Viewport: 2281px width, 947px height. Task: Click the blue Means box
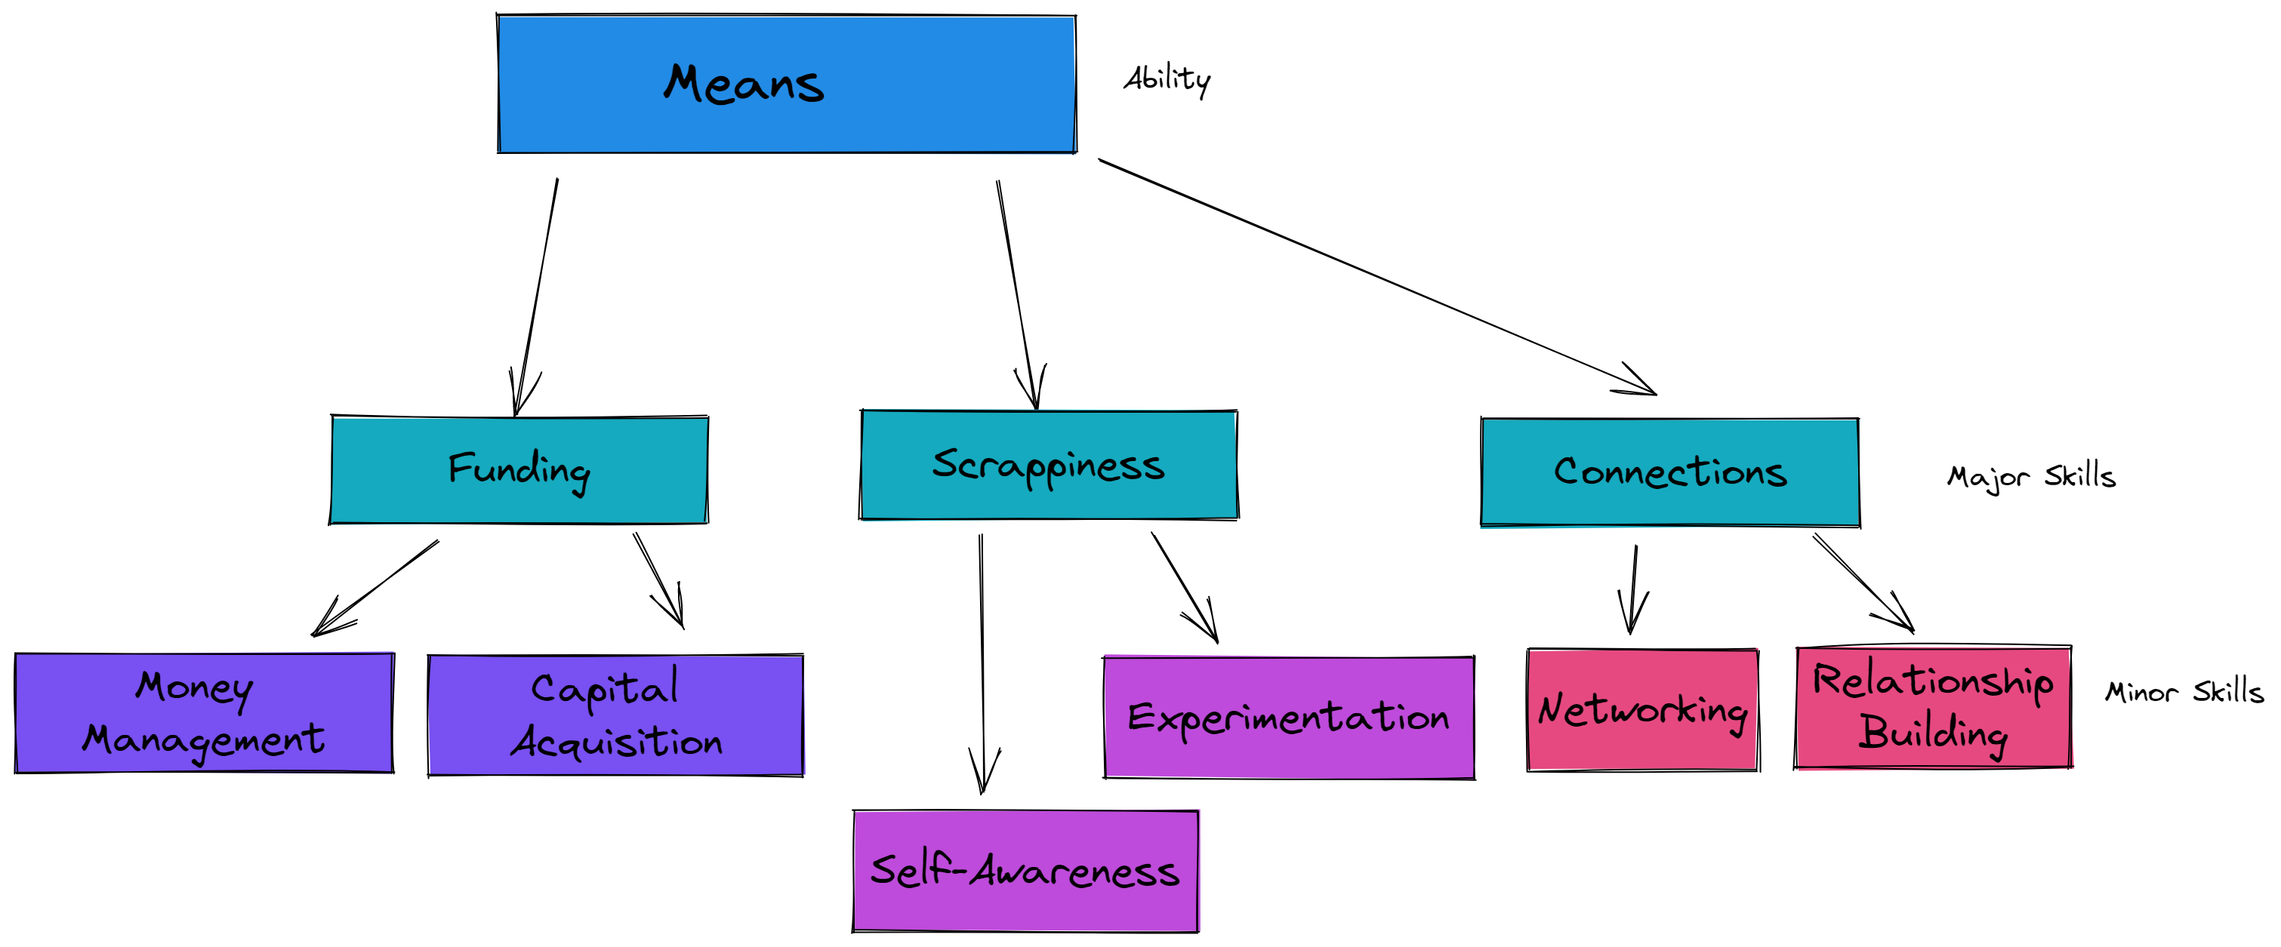(x=786, y=84)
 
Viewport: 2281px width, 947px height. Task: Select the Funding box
(x=519, y=470)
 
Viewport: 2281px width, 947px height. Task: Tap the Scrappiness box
(x=1049, y=465)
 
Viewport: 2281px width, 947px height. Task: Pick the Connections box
(x=1670, y=472)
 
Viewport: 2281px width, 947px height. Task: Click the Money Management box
(x=205, y=713)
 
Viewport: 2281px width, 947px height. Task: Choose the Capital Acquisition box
(x=615, y=716)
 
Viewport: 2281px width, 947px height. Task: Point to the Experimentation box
(x=1288, y=718)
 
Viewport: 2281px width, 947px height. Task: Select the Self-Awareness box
(x=1025, y=871)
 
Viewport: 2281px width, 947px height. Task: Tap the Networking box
(x=1642, y=710)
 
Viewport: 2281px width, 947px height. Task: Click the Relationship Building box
(x=1933, y=707)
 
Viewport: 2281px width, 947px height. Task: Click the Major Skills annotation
(x=2030, y=477)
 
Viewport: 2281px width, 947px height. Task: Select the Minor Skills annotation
(x=2184, y=691)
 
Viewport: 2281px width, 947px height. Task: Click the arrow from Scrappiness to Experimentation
(x=1184, y=586)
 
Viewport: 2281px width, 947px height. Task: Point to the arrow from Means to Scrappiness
(x=1016, y=292)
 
